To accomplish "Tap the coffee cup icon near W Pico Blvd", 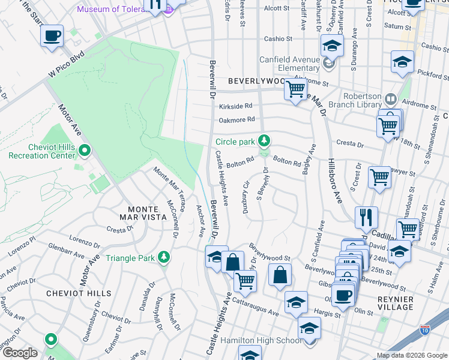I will coord(52,36).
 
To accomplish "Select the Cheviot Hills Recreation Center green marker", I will coord(85,150).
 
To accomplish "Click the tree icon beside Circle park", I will coord(263,141).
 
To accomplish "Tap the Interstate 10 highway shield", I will coord(425,329).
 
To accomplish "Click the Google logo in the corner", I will coord(20,353).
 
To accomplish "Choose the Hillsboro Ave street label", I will coord(334,181).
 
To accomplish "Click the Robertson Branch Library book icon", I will coord(391,98).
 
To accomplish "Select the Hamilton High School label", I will coord(260,340).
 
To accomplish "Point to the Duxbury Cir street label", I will coord(245,196).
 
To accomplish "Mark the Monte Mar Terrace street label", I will coord(169,183).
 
